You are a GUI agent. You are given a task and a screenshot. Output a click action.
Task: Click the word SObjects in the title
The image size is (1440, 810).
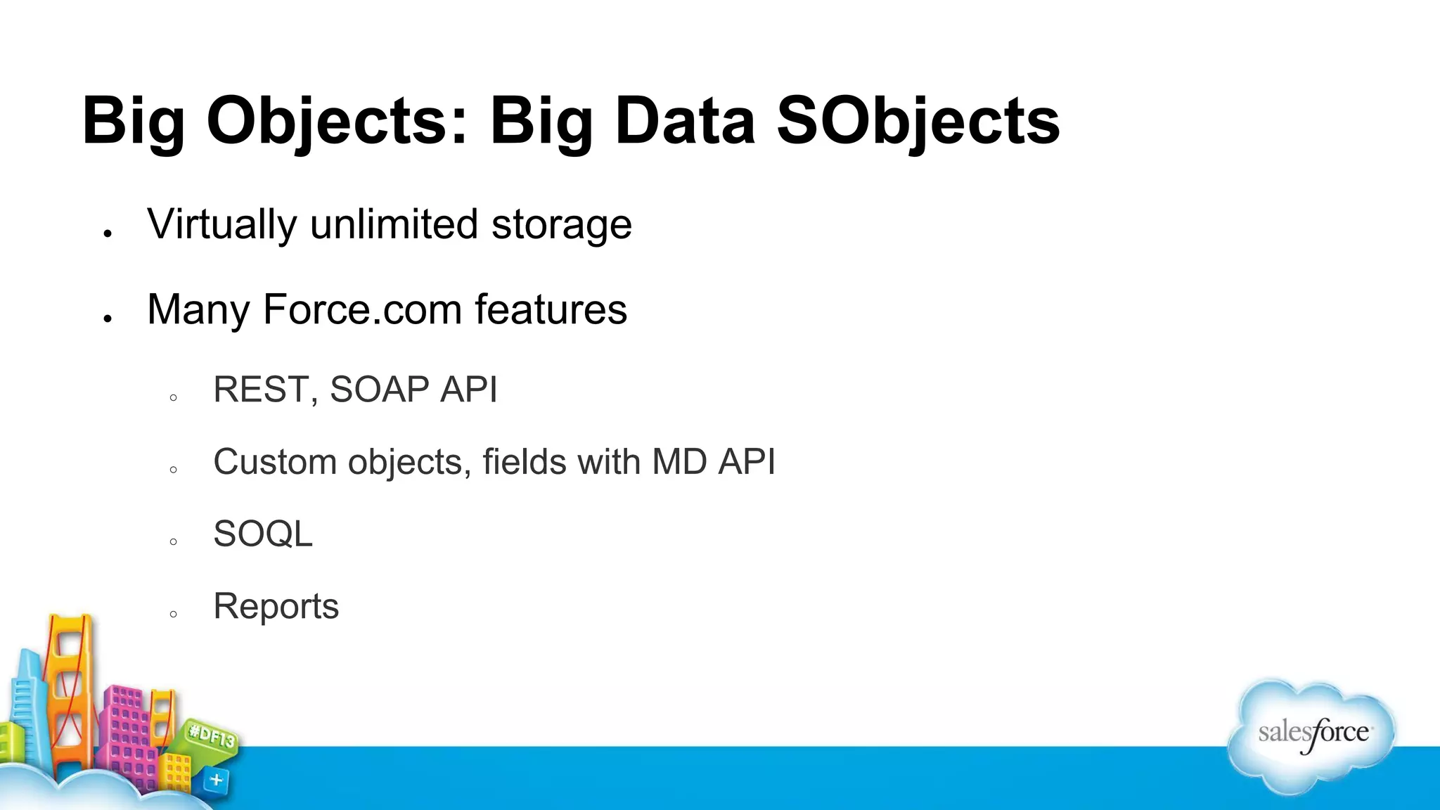tap(918, 121)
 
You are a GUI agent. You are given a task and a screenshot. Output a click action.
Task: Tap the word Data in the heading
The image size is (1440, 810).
tap(684, 121)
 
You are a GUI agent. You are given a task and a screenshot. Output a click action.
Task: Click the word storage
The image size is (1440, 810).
tap(561, 225)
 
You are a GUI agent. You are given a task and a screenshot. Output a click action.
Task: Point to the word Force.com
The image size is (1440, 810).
tap(361, 309)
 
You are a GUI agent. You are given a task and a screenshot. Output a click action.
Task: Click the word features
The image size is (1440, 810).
tap(551, 309)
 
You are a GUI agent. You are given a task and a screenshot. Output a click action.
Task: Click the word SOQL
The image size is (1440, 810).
tap(262, 534)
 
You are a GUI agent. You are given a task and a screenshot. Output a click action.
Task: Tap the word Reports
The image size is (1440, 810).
tap(276, 606)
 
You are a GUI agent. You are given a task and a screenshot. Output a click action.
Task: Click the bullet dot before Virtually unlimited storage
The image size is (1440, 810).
tap(108, 233)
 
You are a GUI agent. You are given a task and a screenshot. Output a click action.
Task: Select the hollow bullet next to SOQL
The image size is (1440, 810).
tap(174, 541)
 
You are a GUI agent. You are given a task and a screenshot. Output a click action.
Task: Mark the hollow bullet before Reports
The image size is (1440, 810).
tap(174, 614)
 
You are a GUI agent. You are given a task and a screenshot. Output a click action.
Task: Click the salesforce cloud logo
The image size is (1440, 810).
tap(1312, 735)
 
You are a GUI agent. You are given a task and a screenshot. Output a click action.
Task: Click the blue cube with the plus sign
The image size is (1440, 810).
tap(216, 780)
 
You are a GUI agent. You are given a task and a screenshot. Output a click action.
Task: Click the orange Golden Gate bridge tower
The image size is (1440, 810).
tap(70, 675)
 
